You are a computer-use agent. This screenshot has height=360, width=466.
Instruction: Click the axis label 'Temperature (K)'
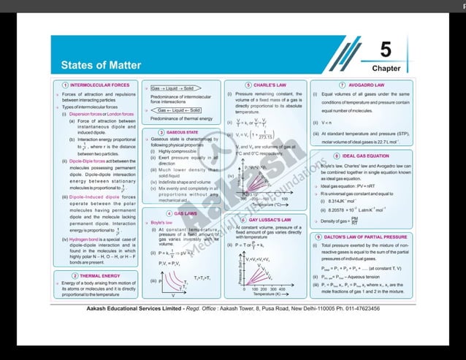coord(270,294)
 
